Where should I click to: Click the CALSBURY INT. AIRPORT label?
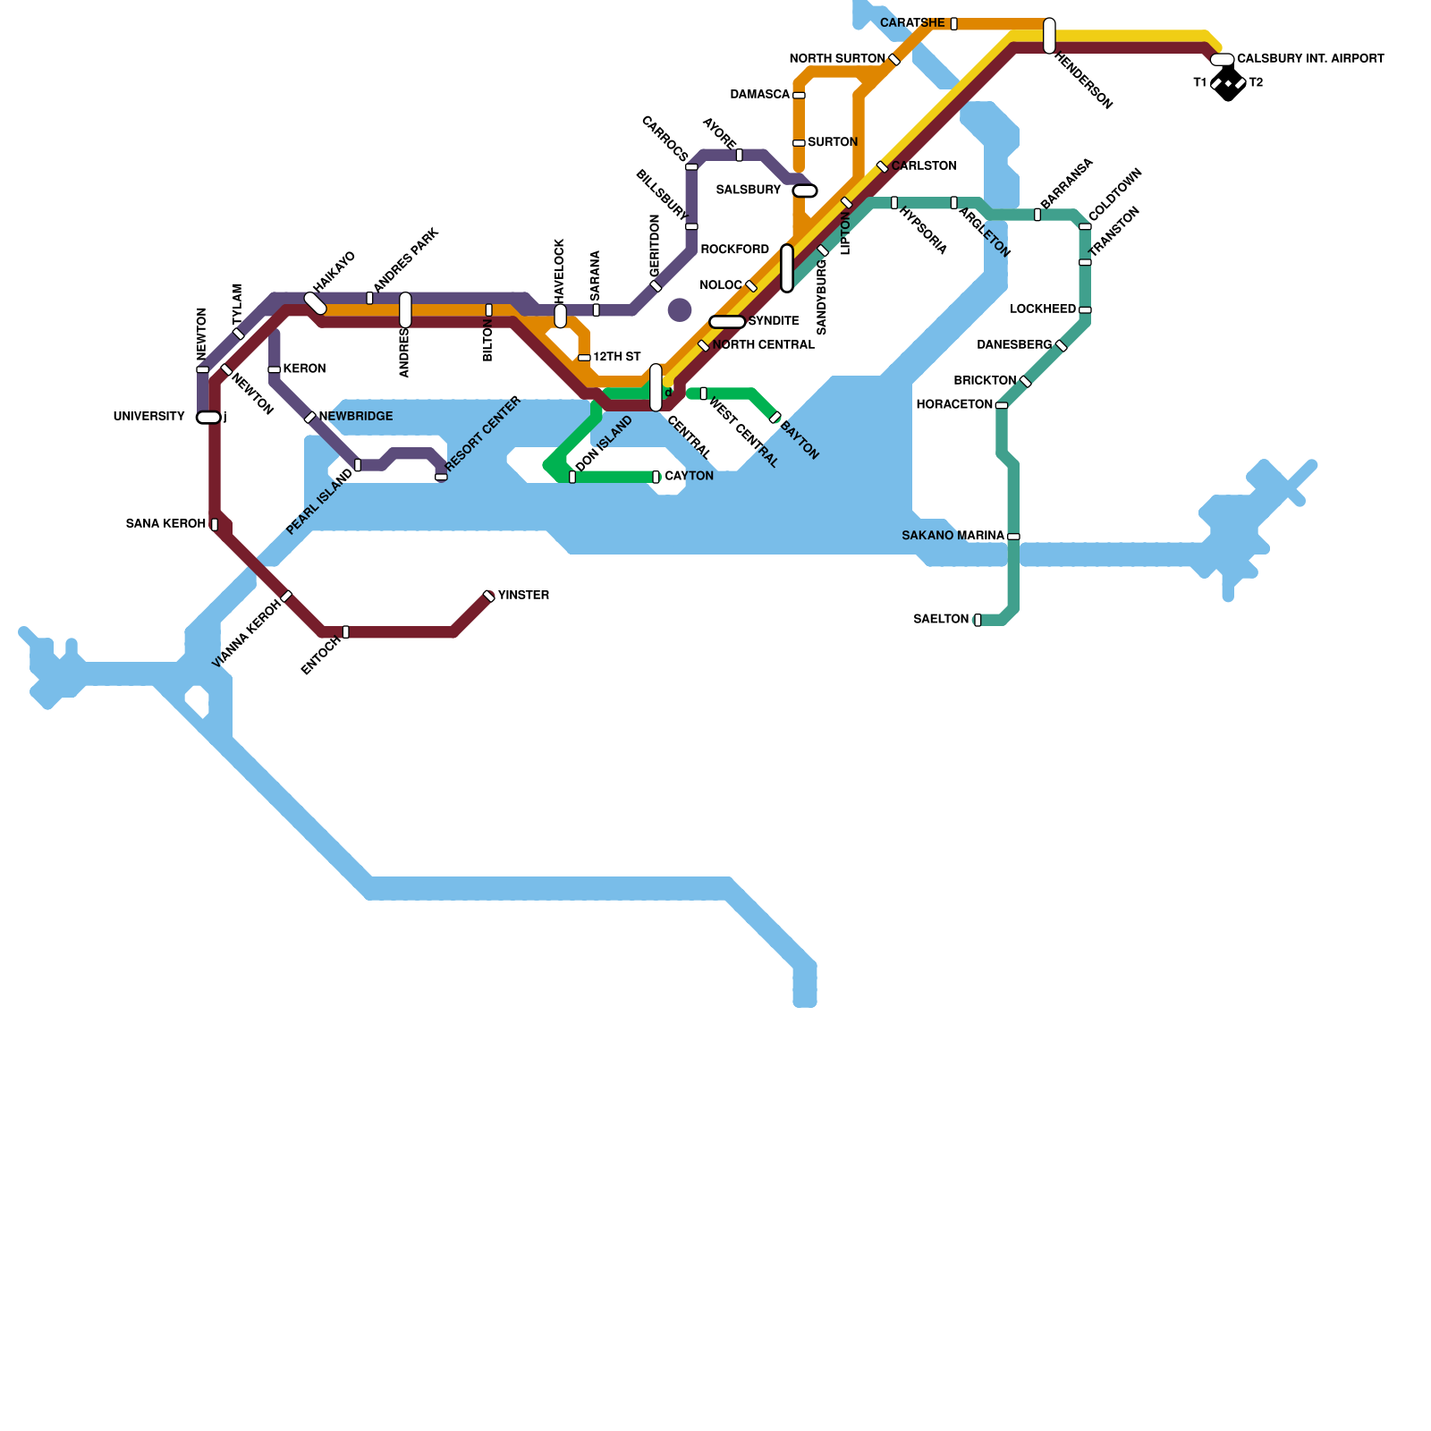(x=1310, y=59)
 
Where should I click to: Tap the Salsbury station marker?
(x=805, y=191)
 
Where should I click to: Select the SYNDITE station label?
(x=774, y=321)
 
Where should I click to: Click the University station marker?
(x=208, y=418)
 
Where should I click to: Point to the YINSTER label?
(x=523, y=596)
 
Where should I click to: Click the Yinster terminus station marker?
(x=489, y=597)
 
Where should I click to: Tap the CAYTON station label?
(x=689, y=476)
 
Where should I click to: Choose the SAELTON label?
(x=941, y=619)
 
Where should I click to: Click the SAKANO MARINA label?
(x=953, y=536)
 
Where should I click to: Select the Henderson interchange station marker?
(x=1049, y=36)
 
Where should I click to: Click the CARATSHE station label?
(x=912, y=23)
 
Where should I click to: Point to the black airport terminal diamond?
(x=1229, y=84)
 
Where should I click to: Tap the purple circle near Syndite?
(x=680, y=309)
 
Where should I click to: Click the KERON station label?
(x=304, y=368)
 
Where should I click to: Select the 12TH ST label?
(x=617, y=357)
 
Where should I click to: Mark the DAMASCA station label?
(x=760, y=95)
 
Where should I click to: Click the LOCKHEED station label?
(x=1043, y=309)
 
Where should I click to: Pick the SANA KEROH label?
(x=165, y=524)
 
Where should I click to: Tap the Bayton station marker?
(x=775, y=417)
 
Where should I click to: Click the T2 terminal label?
(x=1256, y=83)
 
